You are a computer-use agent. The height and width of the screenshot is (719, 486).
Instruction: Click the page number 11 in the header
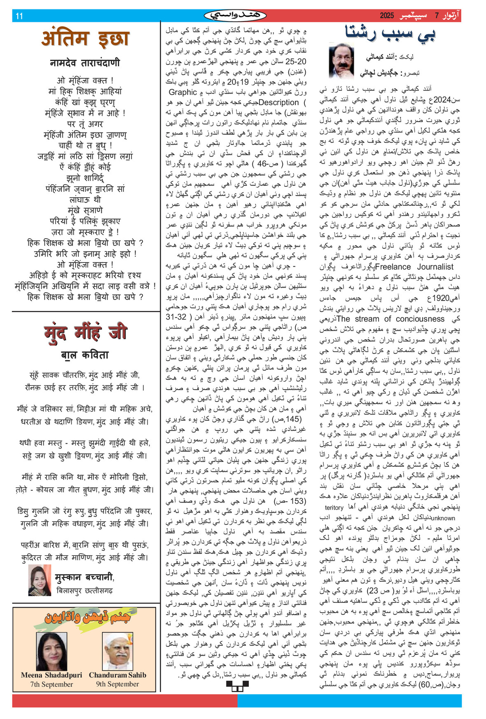tap(19, 16)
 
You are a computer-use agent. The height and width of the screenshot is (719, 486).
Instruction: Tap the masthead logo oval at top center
tap(235, 16)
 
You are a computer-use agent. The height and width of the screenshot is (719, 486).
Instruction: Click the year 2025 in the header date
tap(387, 16)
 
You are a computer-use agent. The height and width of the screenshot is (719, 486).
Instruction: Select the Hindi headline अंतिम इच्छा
tap(85, 39)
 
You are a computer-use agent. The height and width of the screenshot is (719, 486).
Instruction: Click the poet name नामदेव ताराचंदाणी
tap(85, 63)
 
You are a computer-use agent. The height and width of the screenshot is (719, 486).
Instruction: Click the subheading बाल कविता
tap(85, 355)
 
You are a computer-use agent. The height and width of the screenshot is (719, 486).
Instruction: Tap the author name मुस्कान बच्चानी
tap(84, 577)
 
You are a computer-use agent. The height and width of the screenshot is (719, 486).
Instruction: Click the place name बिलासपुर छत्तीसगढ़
tap(84, 590)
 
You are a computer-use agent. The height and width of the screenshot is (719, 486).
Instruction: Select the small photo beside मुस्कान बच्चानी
tap(40, 580)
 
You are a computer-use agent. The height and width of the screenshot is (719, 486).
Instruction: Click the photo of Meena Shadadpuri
tap(51, 651)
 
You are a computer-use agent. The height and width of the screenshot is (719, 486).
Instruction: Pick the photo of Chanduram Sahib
tap(118, 651)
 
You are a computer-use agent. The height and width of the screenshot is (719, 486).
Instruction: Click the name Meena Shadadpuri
tap(51, 675)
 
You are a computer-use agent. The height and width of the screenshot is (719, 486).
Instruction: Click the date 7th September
tap(51, 684)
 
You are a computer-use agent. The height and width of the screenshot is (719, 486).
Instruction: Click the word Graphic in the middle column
tap(183, 92)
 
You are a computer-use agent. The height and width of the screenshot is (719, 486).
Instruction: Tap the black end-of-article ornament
tap(238, 686)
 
